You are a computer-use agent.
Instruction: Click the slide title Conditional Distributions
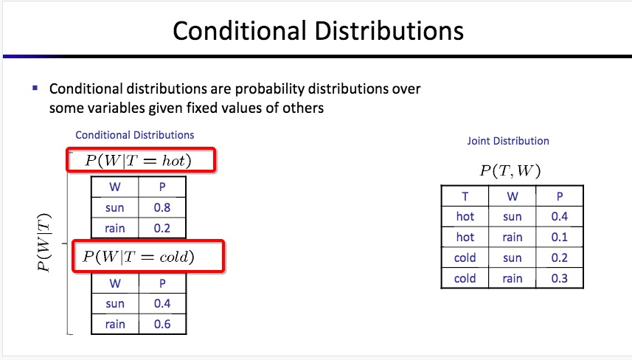coord(318,31)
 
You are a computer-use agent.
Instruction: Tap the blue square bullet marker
coord(35,88)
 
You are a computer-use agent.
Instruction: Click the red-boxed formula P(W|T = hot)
coord(141,160)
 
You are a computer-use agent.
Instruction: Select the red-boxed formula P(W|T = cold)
coord(148,256)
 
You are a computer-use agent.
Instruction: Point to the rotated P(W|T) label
coord(44,242)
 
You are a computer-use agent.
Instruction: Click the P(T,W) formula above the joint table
coord(510,170)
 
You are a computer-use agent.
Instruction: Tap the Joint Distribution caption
coord(508,141)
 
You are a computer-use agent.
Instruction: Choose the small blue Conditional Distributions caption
coord(135,135)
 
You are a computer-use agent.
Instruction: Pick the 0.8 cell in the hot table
coord(162,207)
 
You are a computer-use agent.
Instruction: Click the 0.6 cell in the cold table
coord(162,324)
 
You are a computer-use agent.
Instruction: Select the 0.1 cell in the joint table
coord(560,237)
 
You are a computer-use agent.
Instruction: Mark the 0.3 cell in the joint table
coord(560,278)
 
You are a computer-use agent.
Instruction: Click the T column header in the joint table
coord(465,196)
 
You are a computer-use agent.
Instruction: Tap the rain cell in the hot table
coord(115,228)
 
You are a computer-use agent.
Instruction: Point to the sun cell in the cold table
coord(115,303)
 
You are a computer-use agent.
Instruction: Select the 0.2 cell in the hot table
coord(162,228)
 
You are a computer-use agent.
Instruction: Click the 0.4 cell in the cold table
coord(162,303)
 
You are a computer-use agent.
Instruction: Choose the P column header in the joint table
coord(560,196)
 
